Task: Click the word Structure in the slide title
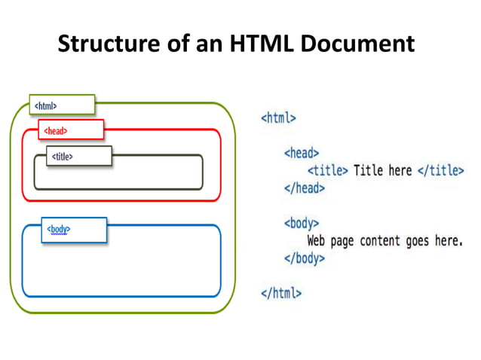tap(106, 44)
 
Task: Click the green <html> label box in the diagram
tap(62, 105)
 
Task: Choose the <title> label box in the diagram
tap(78, 156)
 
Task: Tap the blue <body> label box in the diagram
tap(74, 229)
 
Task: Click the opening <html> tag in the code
tap(278, 117)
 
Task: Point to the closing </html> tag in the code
tap(281, 293)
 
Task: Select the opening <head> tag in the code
tap(302, 153)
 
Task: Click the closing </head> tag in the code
tap(305, 188)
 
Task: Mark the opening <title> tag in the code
tap(329, 170)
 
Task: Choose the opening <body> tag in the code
tap(302, 224)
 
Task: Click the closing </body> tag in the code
tap(305, 258)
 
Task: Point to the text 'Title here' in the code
tap(383, 170)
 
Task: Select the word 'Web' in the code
tap(319, 241)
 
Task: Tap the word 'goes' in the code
tap(415, 241)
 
